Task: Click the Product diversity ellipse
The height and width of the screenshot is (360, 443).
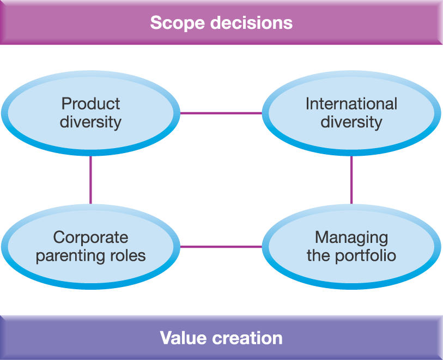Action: (90, 113)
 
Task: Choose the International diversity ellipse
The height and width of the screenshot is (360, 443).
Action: (351, 113)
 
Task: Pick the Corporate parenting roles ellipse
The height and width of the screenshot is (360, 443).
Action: (90, 247)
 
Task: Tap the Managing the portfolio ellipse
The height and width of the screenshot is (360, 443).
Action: (351, 247)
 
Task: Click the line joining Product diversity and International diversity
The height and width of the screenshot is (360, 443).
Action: (221, 113)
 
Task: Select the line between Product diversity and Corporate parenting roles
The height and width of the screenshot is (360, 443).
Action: (90, 180)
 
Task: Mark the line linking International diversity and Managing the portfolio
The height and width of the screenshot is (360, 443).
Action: (351, 180)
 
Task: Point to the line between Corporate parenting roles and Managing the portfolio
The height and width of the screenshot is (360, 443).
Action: (221, 247)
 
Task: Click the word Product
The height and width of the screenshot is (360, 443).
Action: (90, 103)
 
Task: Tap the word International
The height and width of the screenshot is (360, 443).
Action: (351, 103)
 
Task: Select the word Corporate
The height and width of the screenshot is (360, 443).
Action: (90, 237)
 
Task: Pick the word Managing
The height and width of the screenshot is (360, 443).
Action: (351, 237)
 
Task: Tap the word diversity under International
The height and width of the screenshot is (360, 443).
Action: (351, 121)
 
